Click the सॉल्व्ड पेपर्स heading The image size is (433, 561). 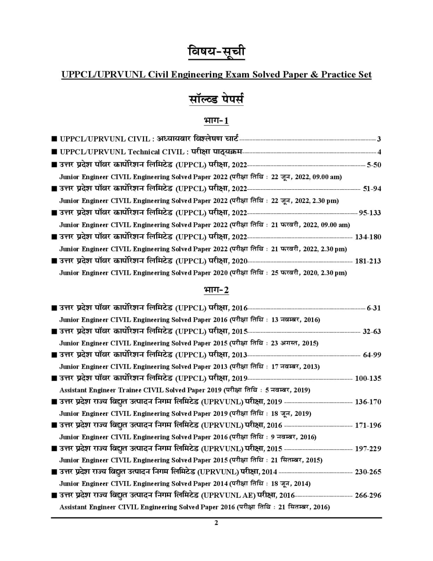(216, 100)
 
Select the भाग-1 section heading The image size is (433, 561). (216, 121)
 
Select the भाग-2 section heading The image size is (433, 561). (216, 290)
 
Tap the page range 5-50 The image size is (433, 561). (373, 165)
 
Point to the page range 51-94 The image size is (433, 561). (372, 189)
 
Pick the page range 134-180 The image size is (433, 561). (368, 237)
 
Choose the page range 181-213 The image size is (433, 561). (368, 261)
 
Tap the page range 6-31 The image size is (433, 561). (373, 308)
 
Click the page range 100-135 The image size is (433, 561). (368, 378)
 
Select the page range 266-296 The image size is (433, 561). (368, 495)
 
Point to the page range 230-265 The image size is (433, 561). (368, 472)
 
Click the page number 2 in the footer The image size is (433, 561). (216, 523)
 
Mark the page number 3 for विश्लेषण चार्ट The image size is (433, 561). (379, 139)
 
